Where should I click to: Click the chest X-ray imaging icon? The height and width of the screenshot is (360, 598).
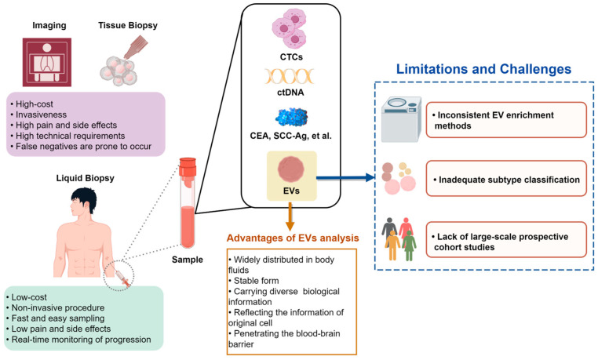47,62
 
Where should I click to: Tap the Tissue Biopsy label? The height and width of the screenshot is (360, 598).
128,26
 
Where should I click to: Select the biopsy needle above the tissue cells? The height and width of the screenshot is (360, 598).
136,47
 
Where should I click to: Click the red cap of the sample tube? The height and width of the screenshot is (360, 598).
188,168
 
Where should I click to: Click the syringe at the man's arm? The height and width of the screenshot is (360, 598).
122,278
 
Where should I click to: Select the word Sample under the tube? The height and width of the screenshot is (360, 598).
188,260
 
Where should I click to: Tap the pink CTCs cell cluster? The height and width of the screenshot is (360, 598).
290,29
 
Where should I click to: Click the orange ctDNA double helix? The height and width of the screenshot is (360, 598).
290,76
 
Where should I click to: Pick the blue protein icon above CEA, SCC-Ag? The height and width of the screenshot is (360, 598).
291,118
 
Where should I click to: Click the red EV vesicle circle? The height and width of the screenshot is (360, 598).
291,169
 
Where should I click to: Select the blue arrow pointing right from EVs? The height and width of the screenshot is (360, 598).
345,177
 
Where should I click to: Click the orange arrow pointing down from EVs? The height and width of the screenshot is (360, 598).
290,216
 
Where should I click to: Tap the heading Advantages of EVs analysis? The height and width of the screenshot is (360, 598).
293,238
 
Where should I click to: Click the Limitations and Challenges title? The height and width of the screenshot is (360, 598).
483,69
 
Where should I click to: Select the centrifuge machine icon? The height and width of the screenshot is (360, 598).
402,119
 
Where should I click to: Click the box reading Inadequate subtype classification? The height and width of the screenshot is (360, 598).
506,178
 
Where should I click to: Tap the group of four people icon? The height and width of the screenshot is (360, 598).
399,239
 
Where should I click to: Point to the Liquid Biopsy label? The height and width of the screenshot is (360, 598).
85,178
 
